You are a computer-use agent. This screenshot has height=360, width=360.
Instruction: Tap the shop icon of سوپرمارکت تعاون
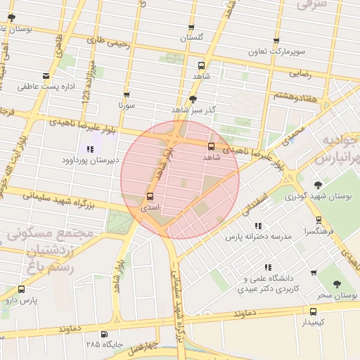(x=276, y=41)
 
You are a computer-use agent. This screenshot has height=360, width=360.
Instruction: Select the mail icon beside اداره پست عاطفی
(x=46, y=76)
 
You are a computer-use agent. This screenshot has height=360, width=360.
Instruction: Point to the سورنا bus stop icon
(x=127, y=95)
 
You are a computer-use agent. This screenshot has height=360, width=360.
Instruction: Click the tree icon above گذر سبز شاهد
(x=193, y=99)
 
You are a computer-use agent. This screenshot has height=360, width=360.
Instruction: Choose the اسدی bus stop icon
(x=150, y=197)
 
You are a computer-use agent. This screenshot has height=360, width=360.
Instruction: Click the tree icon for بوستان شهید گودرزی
(x=319, y=185)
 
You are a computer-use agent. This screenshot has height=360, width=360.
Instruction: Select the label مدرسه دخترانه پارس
(x=258, y=237)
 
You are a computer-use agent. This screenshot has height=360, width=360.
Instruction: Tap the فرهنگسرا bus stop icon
(x=320, y=220)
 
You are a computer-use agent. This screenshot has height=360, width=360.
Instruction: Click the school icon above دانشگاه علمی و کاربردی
(x=267, y=267)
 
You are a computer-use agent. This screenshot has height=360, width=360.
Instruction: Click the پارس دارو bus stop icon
(x=20, y=289)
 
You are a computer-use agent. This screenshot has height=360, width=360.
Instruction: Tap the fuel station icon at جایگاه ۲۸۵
(x=105, y=334)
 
